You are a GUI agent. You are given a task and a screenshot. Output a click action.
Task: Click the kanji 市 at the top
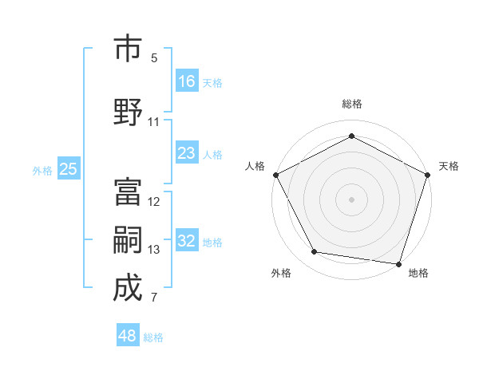[x=128, y=49]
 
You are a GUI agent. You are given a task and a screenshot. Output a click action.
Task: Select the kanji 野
[x=128, y=111]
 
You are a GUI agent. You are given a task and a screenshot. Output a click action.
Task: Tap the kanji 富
[x=128, y=191]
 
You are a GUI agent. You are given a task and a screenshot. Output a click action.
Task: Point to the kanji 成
[x=128, y=288]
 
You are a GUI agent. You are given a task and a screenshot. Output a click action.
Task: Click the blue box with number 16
[x=187, y=81]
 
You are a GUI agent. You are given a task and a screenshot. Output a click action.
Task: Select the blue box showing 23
[x=187, y=153]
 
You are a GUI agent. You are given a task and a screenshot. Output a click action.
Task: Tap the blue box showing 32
[x=187, y=241]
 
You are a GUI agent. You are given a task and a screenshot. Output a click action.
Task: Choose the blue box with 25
[x=68, y=169]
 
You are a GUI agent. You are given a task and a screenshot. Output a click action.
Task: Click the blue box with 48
[x=128, y=336]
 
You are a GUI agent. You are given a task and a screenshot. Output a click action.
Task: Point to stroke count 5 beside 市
[x=154, y=58]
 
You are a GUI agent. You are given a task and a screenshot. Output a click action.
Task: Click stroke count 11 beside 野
[x=154, y=122]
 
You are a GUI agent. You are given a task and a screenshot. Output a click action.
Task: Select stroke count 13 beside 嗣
[x=154, y=250]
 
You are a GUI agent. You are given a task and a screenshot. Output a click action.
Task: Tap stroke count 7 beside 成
[x=154, y=298]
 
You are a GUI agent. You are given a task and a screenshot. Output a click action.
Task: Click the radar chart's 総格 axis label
[x=351, y=104]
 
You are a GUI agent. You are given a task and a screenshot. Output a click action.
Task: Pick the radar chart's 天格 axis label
[x=449, y=166]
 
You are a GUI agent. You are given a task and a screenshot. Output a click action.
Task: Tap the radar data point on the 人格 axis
[x=275, y=174]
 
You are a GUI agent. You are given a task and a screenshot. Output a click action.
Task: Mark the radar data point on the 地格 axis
[x=398, y=263]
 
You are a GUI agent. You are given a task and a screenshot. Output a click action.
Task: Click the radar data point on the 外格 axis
[x=315, y=252]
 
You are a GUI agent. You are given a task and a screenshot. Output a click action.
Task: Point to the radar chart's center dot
[x=351, y=199]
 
